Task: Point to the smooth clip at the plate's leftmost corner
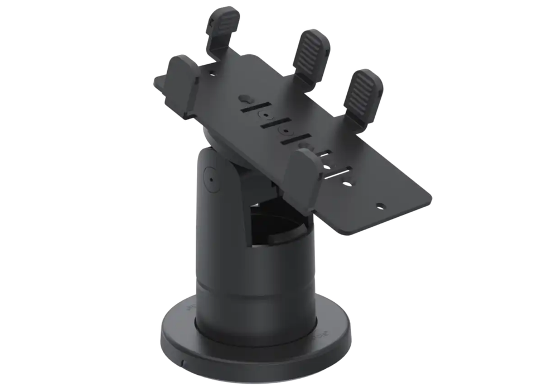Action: pyautogui.click(x=182, y=79)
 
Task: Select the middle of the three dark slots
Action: pyautogui.click(x=273, y=124)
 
